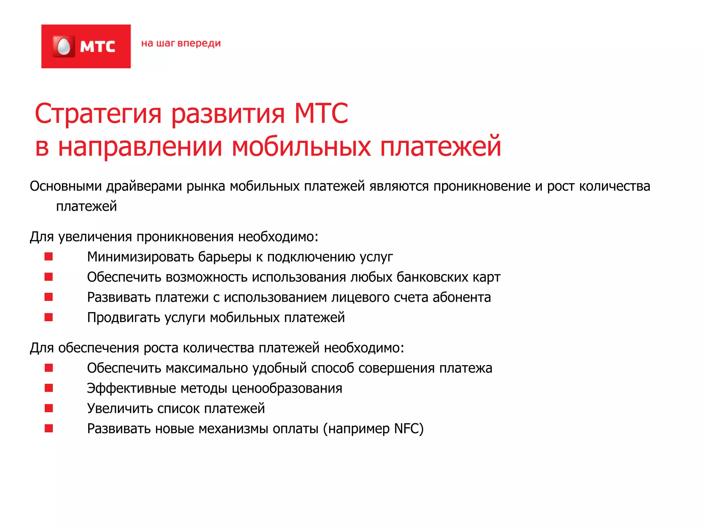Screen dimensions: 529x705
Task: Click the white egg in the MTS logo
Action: [x=64, y=46]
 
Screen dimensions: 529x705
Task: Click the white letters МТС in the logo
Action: [x=97, y=47]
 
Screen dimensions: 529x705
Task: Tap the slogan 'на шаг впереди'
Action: [x=181, y=44]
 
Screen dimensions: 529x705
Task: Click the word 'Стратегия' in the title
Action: [x=98, y=114]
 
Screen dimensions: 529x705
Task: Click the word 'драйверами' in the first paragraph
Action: [x=144, y=186]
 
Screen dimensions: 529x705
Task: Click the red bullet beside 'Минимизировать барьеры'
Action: [x=49, y=257]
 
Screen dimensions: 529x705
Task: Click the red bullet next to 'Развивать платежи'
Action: [x=49, y=297]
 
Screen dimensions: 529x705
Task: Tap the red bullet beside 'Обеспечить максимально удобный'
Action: [x=49, y=368]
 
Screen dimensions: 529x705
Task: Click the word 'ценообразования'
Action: [x=287, y=388]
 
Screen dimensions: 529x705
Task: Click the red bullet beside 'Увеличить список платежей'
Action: [x=49, y=408]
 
